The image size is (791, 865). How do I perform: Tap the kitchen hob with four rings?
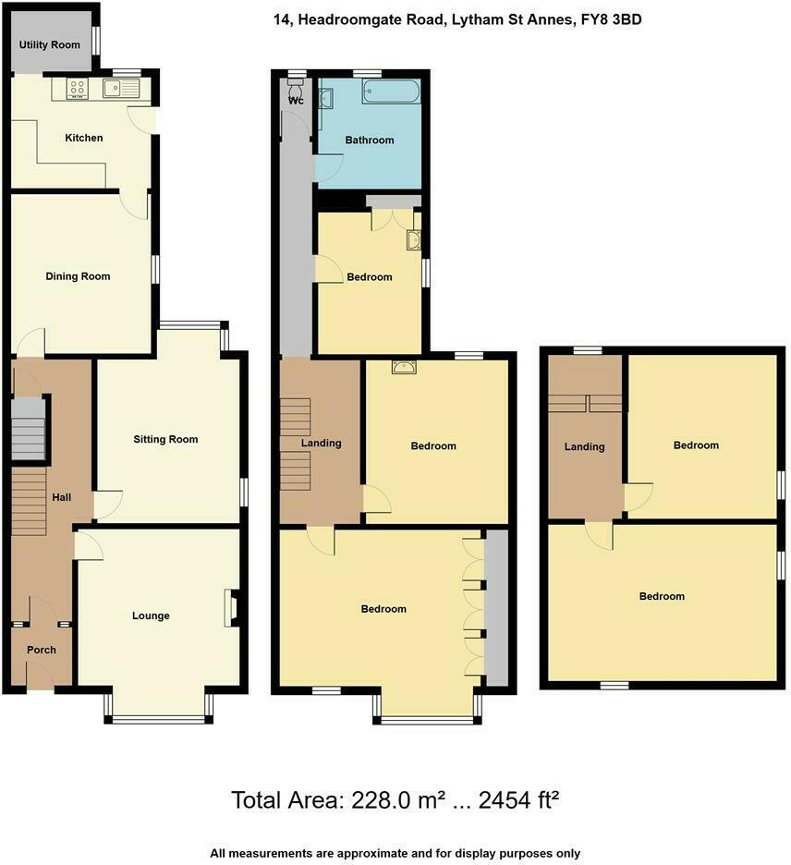77,89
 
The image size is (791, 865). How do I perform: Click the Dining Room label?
78,276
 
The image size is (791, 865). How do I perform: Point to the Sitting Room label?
165,439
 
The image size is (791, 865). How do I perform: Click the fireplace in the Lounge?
229,609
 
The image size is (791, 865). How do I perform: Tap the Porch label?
41,650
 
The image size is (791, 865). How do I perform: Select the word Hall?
62,497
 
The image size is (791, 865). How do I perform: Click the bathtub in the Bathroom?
391,91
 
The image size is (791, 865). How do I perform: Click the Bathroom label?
370,140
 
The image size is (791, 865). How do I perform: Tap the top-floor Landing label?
584,446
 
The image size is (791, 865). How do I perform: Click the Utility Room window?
96,42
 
